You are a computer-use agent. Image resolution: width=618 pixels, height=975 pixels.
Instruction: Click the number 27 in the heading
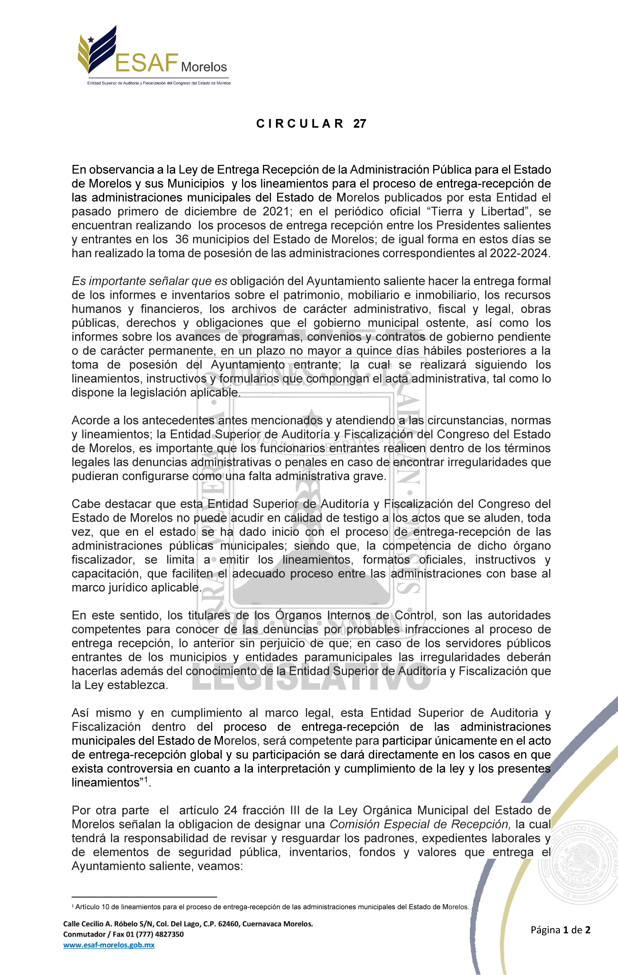pos(359,124)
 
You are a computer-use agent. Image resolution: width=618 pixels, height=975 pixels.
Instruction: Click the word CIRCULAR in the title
pos(300,124)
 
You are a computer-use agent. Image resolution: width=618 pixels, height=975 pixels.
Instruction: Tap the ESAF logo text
pos(147,62)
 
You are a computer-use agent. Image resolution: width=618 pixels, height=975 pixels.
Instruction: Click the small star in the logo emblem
pos(91,40)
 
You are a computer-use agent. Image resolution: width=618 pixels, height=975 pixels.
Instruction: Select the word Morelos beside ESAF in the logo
pos(204,67)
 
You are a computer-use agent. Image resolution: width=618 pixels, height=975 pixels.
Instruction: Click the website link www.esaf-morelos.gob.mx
pos(109,945)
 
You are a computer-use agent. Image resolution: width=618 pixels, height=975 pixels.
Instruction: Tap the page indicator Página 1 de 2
pos(561,930)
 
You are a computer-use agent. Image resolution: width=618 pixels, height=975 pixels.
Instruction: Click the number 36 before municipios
pos(182,239)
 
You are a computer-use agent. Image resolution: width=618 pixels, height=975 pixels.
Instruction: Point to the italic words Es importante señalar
pos(130,281)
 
